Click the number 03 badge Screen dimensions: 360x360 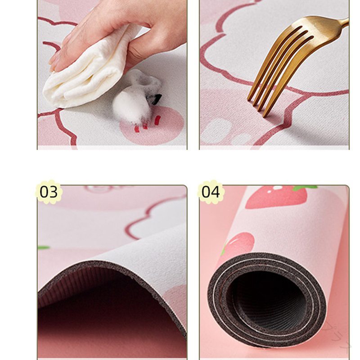tap(49, 192)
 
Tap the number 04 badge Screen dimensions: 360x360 tap(211, 192)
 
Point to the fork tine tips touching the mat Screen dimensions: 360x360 tap(257, 108)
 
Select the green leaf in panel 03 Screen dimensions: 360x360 tap(43, 247)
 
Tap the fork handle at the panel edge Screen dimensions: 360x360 tap(344, 22)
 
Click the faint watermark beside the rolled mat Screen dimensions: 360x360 tap(337, 335)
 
